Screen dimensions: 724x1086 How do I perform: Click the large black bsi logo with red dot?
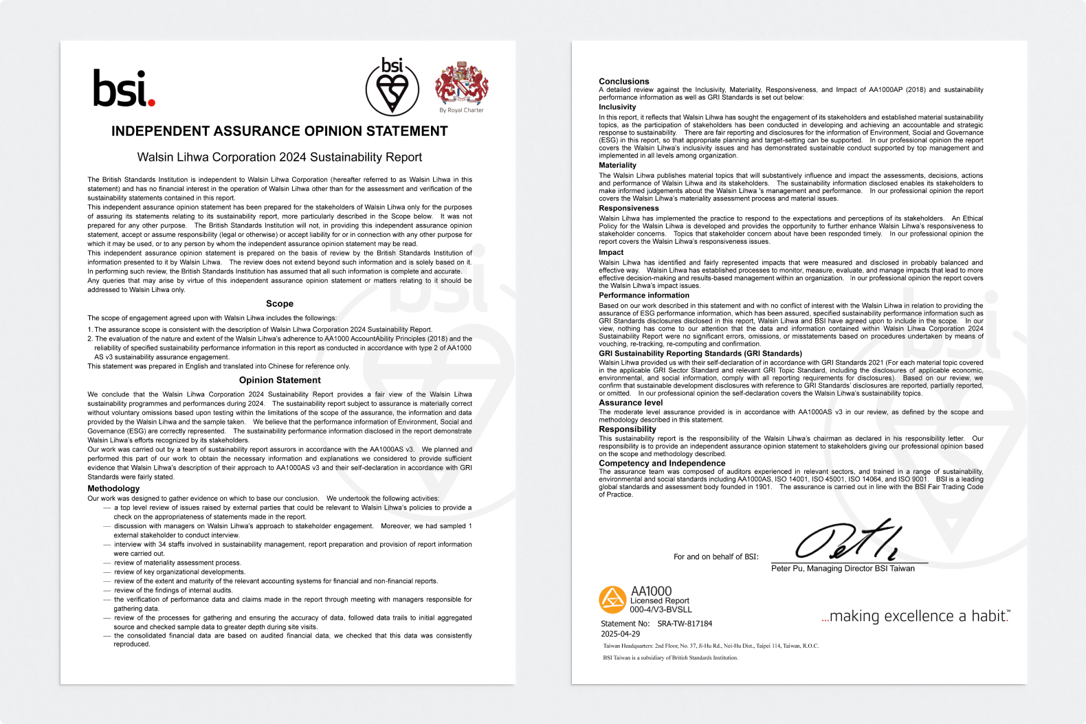click(124, 88)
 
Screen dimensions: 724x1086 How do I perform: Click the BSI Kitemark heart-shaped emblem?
click(392, 88)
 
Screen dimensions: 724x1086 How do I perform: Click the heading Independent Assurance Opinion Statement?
click(280, 131)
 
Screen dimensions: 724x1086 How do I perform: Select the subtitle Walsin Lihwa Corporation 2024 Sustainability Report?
click(280, 157)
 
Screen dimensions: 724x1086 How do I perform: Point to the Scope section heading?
click(280, 304)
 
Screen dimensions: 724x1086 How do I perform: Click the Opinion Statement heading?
click(280, 380)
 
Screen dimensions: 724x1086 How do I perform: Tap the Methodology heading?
click(113, 488)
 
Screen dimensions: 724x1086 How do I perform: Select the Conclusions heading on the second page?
click(623, 81)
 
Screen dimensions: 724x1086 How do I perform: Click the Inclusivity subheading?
click(617, 107)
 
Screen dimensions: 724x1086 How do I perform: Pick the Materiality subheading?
click(617, 165)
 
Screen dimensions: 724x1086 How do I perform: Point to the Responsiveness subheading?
click(628, 208)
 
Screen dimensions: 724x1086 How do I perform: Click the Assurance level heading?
click(630, 403)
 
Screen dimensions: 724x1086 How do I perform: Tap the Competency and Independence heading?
click(661, 463)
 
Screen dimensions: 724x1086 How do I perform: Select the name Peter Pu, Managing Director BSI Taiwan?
click(843, 569)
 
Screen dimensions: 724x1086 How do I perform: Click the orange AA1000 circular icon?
click(612, 600)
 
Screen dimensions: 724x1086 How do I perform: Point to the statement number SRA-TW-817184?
click(685, 624)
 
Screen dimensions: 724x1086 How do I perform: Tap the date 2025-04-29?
click(620, 634)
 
